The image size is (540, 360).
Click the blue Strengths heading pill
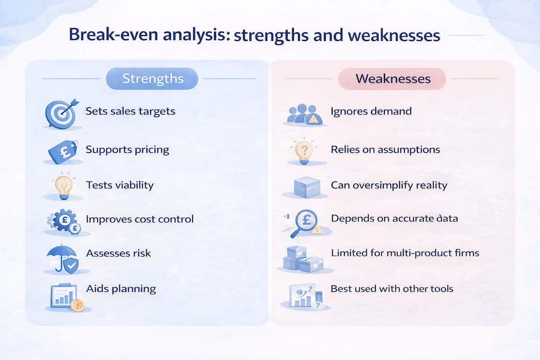point(152,78)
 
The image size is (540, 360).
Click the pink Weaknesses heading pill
point(392,79)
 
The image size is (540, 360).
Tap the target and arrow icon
point(62,113)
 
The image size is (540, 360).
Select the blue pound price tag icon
point(63,151)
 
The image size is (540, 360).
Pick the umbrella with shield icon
point(63,259)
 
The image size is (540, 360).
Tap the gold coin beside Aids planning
point(77,305)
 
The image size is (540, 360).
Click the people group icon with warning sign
point(305,114)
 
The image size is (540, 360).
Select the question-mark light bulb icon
point(304,152)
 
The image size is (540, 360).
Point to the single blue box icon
point(307,187)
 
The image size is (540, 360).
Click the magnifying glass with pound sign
point(304,223)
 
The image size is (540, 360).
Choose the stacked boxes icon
point(303,259)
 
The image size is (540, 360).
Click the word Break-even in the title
point(113,35)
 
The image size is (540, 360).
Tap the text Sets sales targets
point(131,111)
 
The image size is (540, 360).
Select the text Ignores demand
point(372,111)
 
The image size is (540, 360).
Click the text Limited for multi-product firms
point(405,253)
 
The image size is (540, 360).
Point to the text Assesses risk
point(118,253)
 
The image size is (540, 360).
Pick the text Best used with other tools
point(392,288)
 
